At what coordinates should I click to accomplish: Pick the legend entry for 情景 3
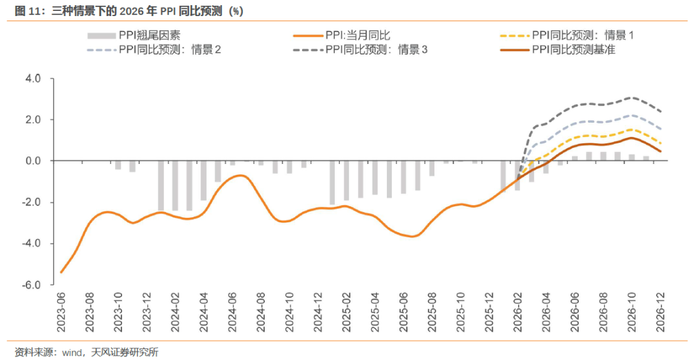click(x=377, y=50)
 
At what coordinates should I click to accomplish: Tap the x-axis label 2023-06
click(x=62, y=312)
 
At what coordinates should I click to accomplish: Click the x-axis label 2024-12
click(x=317, y=312)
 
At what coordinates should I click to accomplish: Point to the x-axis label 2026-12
click(x=659, y=312)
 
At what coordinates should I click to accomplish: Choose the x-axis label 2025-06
click(x=403, y=312)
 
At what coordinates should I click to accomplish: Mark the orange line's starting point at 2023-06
click(x=62, y=272)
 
